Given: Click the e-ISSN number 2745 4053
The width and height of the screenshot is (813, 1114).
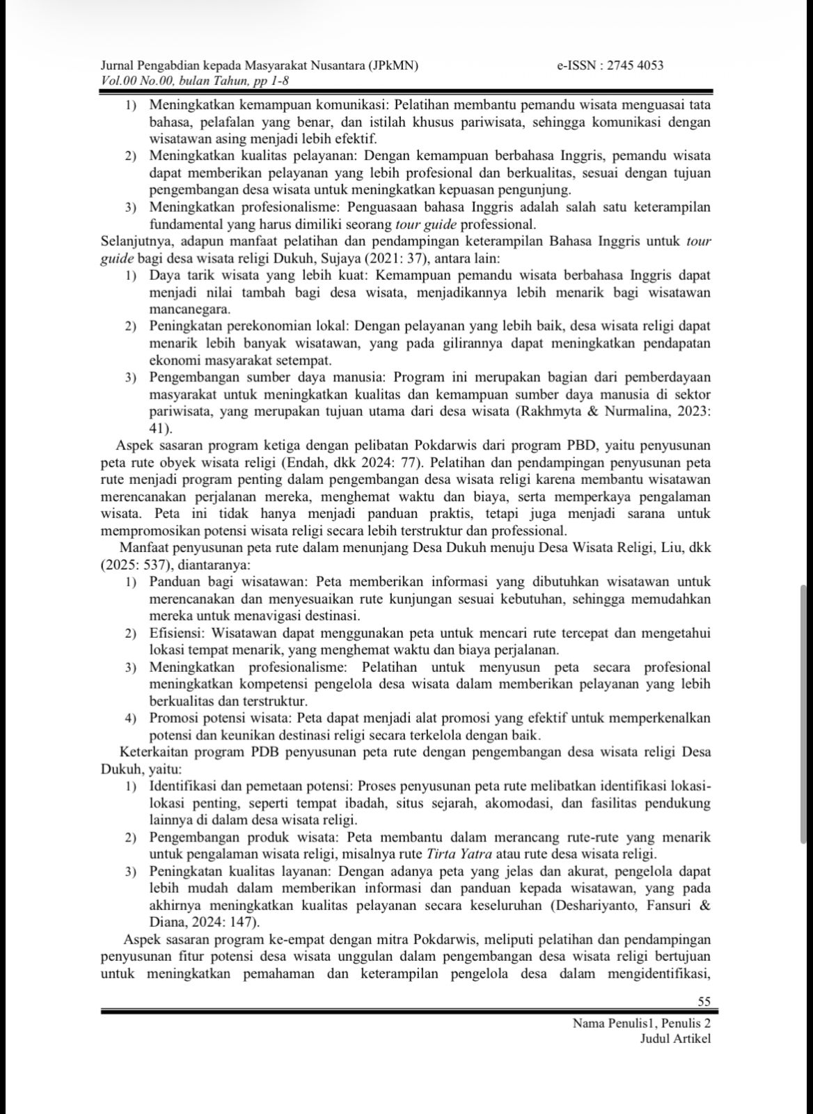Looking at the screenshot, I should pos(635,65).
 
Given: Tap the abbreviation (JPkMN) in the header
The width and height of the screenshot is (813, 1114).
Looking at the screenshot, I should pos(392,65).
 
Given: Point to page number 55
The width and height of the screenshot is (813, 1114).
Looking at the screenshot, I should pos(704,1001).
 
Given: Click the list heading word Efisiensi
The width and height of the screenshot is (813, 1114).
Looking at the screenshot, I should pos(174,634).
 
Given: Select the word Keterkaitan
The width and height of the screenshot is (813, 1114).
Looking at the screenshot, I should pos(155,753).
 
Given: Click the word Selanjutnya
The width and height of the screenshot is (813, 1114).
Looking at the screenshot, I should pos(136,242).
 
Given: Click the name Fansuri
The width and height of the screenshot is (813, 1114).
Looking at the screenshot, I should pos(673,905).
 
